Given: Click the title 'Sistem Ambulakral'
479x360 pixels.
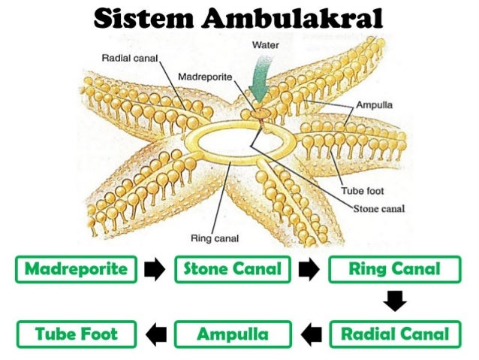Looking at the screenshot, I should click(x=239, y=18).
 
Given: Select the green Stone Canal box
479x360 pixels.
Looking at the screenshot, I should click(x=233, y=269).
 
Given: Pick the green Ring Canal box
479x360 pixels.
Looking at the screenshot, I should click(x=394, y=269).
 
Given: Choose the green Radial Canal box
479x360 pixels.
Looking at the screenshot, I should click(x=394, y=334).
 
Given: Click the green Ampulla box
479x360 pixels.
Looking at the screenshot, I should click(x=233, y=334).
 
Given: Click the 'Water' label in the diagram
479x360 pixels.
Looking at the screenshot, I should click(x=265, y=45).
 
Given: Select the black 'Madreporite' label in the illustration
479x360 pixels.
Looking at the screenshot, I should click(x=205, y=77).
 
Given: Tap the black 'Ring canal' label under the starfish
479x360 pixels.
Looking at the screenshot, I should click(x=215, y=239).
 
